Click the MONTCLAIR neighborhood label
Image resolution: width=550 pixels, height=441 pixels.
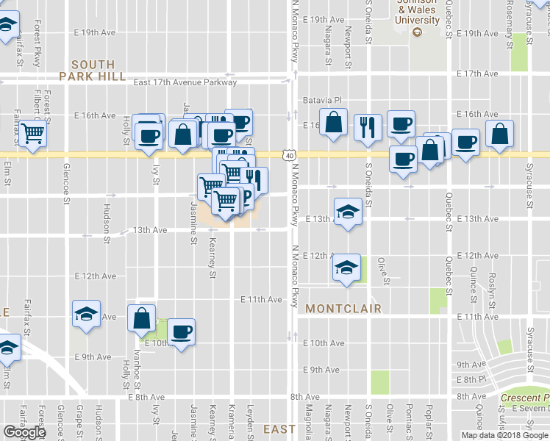pyautogui.click(x=343, y=309)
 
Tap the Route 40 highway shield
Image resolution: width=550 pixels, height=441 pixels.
pyautogui.click(x=290, y=155)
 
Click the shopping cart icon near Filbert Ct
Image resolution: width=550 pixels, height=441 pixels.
pyautogui.click(x=33, y=134)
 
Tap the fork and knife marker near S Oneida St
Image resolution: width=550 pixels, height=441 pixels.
pyautogui.click(x=367, y=126)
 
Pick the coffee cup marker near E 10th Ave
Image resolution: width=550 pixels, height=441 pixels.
pyautogui.click(x=181, y=331)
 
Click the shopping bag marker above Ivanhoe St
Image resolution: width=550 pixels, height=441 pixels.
pyautogui.click(x=141, y=318)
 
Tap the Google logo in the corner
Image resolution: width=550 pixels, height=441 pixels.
pyautogui.click(x=24, y=432)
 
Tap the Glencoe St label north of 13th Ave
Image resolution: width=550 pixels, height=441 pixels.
pyautogui.click(x=66, y=182)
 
